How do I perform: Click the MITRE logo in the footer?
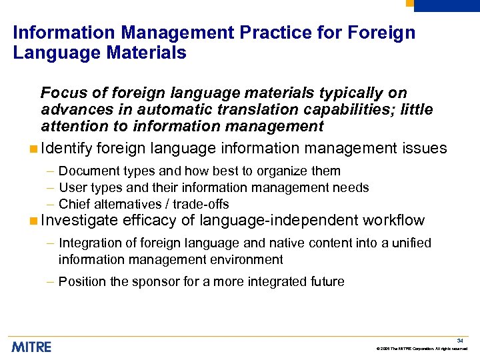31,346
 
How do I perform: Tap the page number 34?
460,340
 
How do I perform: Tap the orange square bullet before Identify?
33,148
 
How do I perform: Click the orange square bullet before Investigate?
33,221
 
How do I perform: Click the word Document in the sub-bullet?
85,171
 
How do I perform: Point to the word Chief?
73,204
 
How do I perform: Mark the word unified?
411,243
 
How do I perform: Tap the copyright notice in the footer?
422,349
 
